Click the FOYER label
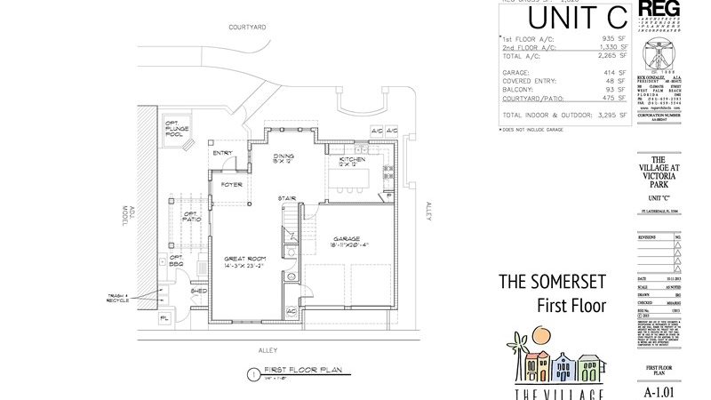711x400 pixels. [x=232, y=184]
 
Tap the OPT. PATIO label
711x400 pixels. [x=191, y=216]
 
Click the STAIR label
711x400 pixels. [x=286, y=197]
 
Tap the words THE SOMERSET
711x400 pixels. [x=552, y=283]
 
